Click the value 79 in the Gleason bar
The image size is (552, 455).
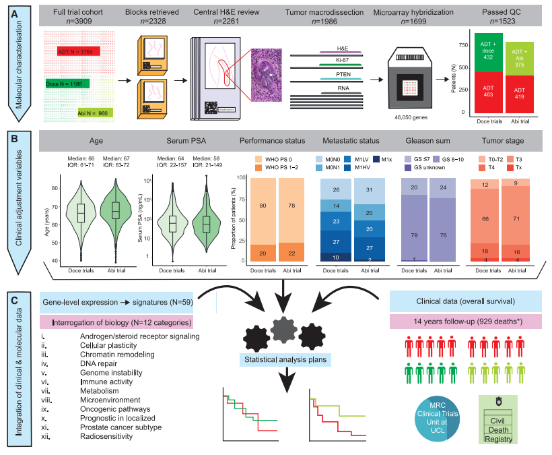pos(415,235)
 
